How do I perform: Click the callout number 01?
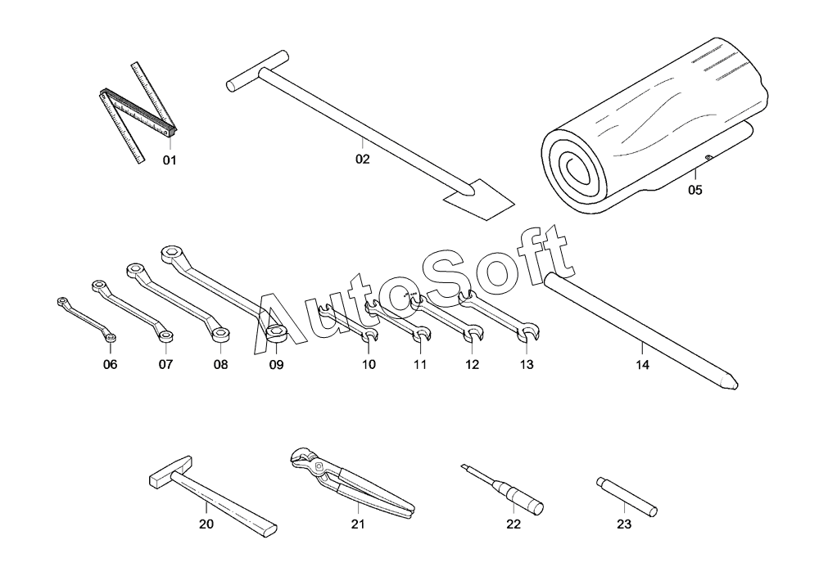pyautogui.click(x=169, y=160)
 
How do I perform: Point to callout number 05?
pyautogui.click(x=695, y=190)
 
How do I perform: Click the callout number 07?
pyautogui.click(x=165, y=364)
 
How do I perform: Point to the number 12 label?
pyautogui.click(x=472, y=364)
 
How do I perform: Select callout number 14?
pyautogui.click(x=642, y=366)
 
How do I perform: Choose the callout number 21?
pyautogui.click(x=357, y=524)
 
